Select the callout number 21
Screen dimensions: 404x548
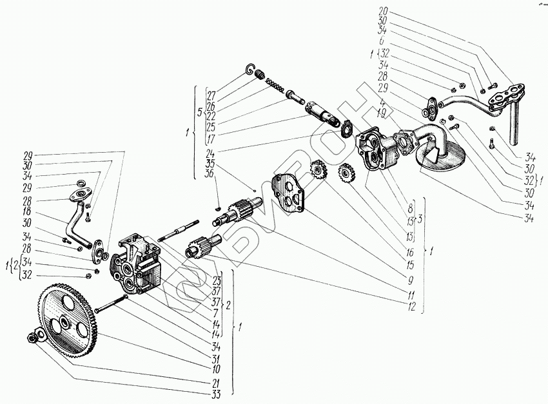213,383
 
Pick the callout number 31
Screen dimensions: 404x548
213,358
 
